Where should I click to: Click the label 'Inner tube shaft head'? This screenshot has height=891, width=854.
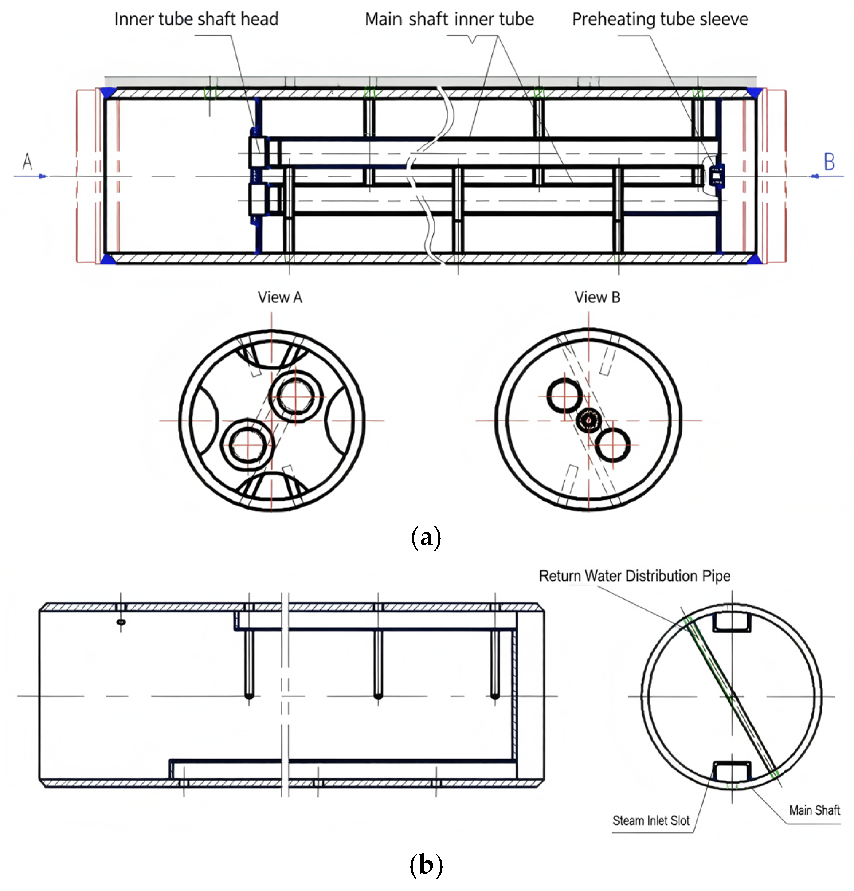(196, 19)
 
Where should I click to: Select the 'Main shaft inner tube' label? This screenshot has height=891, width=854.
(449, 19)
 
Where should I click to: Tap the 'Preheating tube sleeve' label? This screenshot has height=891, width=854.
(660, 19)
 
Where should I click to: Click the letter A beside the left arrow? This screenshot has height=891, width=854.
(27, 161)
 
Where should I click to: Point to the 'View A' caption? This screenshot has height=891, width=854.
(280, 297)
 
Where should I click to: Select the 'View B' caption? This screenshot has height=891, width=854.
(597, 297)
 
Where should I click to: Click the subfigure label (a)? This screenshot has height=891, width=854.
(426, 538)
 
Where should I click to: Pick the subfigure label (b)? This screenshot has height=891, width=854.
(426, 865)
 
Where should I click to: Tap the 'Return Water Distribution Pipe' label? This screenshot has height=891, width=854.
(634, 576)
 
